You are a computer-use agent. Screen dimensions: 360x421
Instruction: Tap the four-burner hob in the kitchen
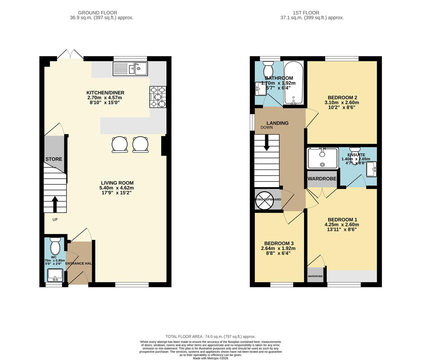pyautogui.click(x=158, y=97)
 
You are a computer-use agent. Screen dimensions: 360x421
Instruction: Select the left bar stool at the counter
pyautogui.click(x=119, y=145)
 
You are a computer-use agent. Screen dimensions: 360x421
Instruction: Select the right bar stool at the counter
pyautogui.click(x=140, y=145)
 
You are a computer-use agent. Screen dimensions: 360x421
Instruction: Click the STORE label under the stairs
pyautogui.click(x=54, y=159)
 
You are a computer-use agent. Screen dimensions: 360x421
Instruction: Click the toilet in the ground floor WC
pyautogui.click(x=55, y=247)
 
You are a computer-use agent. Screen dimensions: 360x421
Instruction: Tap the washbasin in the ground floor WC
pyautogui.click(x=55, y=275)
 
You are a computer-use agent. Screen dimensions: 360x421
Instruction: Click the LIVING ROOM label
pyautogui.click(x=117, y=183)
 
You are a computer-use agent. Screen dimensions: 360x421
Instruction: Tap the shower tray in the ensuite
pyautogui.click(x=322, y=158)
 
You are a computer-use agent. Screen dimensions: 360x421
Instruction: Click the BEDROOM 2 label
pyautogui.click(x=342, y=98)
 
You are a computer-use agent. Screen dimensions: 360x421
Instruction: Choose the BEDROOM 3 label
pyautogui.click(x=279, y=243)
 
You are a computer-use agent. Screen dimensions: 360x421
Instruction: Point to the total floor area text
pyautogui.click(x=210, y=337)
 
